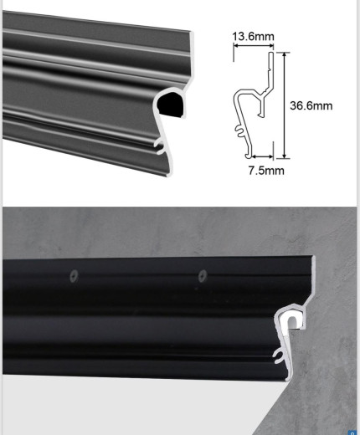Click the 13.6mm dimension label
(x=253, y=36)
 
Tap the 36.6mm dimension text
(x=311, y=105)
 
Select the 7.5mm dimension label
(x=266, y=171)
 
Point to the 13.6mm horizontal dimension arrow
(x=254, y=46)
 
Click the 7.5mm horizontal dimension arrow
(x=263, y=156)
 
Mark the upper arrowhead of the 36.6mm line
(x=284, y=54)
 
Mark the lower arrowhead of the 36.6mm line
(x=284, y=156)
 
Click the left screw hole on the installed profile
(x=74, y=276)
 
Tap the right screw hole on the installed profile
(x=203, y=276)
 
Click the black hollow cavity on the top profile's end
(x=171, y=105)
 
